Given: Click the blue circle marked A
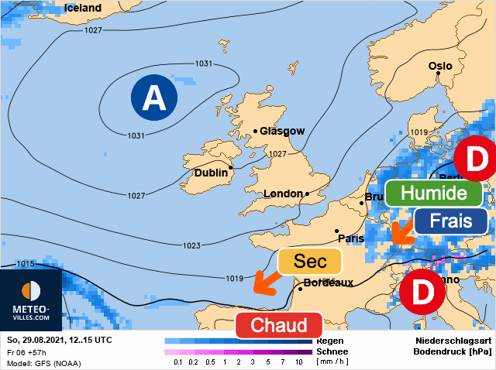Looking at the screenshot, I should coord(153,98).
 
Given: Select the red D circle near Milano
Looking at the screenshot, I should coord(422,292).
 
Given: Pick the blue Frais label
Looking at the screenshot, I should coord(451,221).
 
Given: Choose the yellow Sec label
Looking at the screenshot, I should coord(310,262).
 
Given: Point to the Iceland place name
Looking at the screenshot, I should coord(82,8).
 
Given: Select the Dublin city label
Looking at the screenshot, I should coord(211,173).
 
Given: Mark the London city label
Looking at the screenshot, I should coord(284,194).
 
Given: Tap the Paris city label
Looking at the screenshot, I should coord(350,238).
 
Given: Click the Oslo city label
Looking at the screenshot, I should coord(439,67).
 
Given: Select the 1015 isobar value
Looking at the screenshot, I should coord(25,264).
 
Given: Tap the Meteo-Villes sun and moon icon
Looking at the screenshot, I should coord(32,291).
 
